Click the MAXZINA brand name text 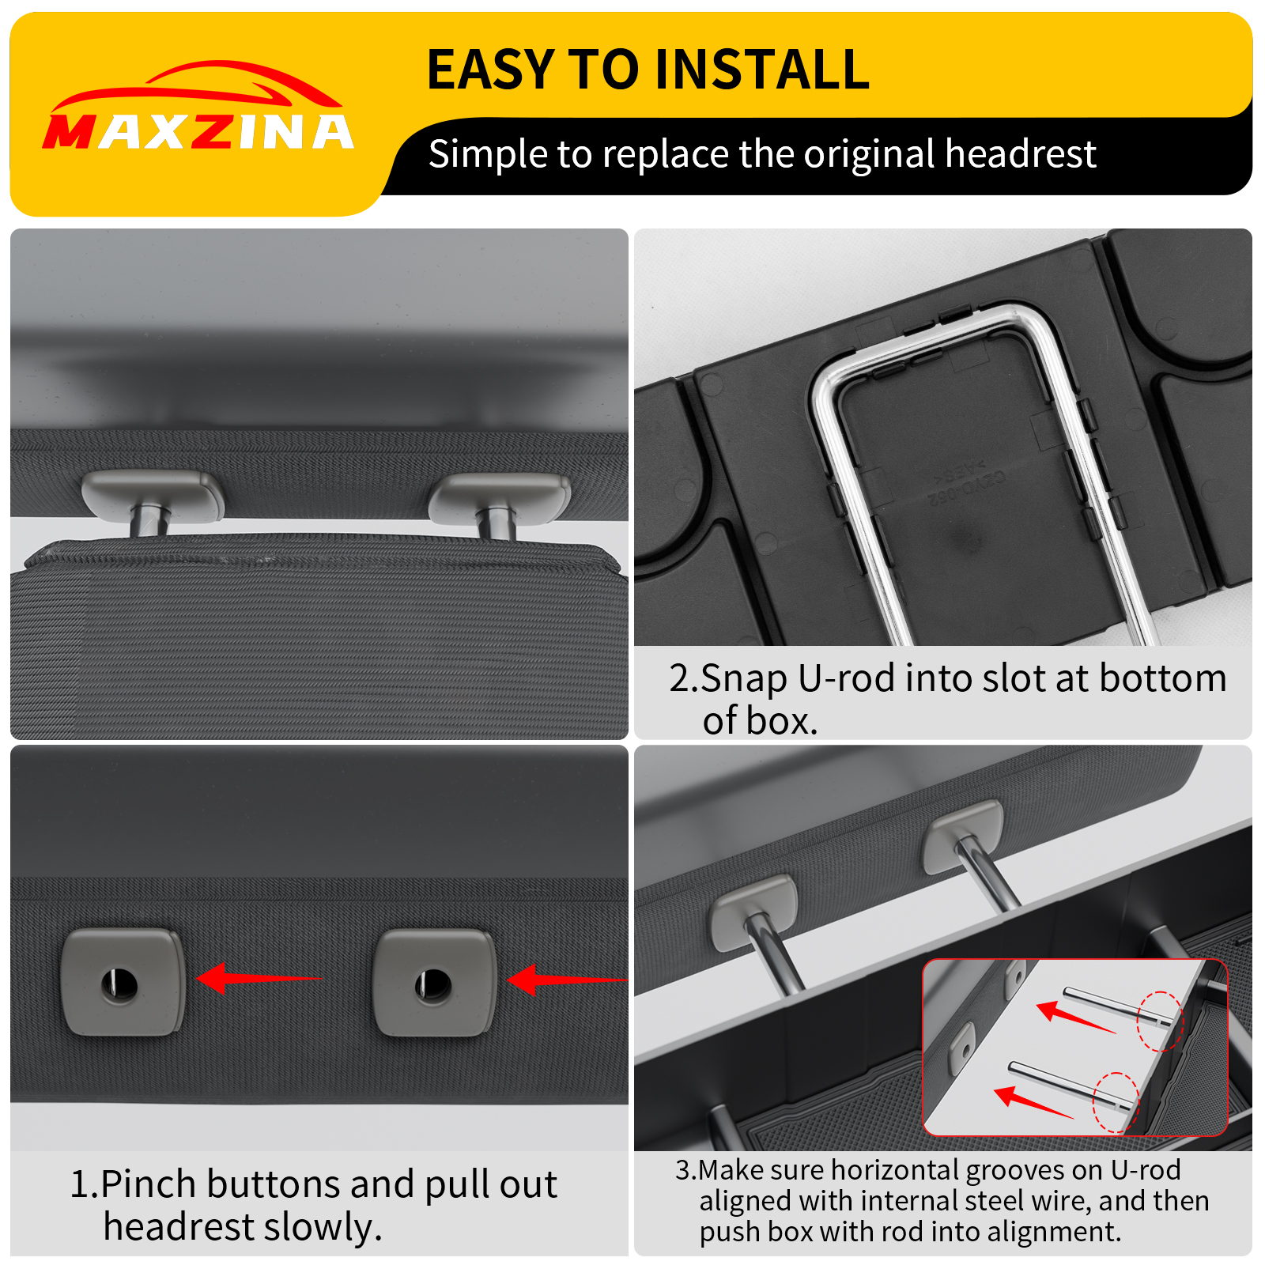198,132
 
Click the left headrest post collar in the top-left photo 152,494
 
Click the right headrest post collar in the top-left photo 500,497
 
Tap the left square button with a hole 123,983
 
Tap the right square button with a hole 434,983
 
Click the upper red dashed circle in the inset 1160,1021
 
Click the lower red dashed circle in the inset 1116,1101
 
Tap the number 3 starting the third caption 682,1170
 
